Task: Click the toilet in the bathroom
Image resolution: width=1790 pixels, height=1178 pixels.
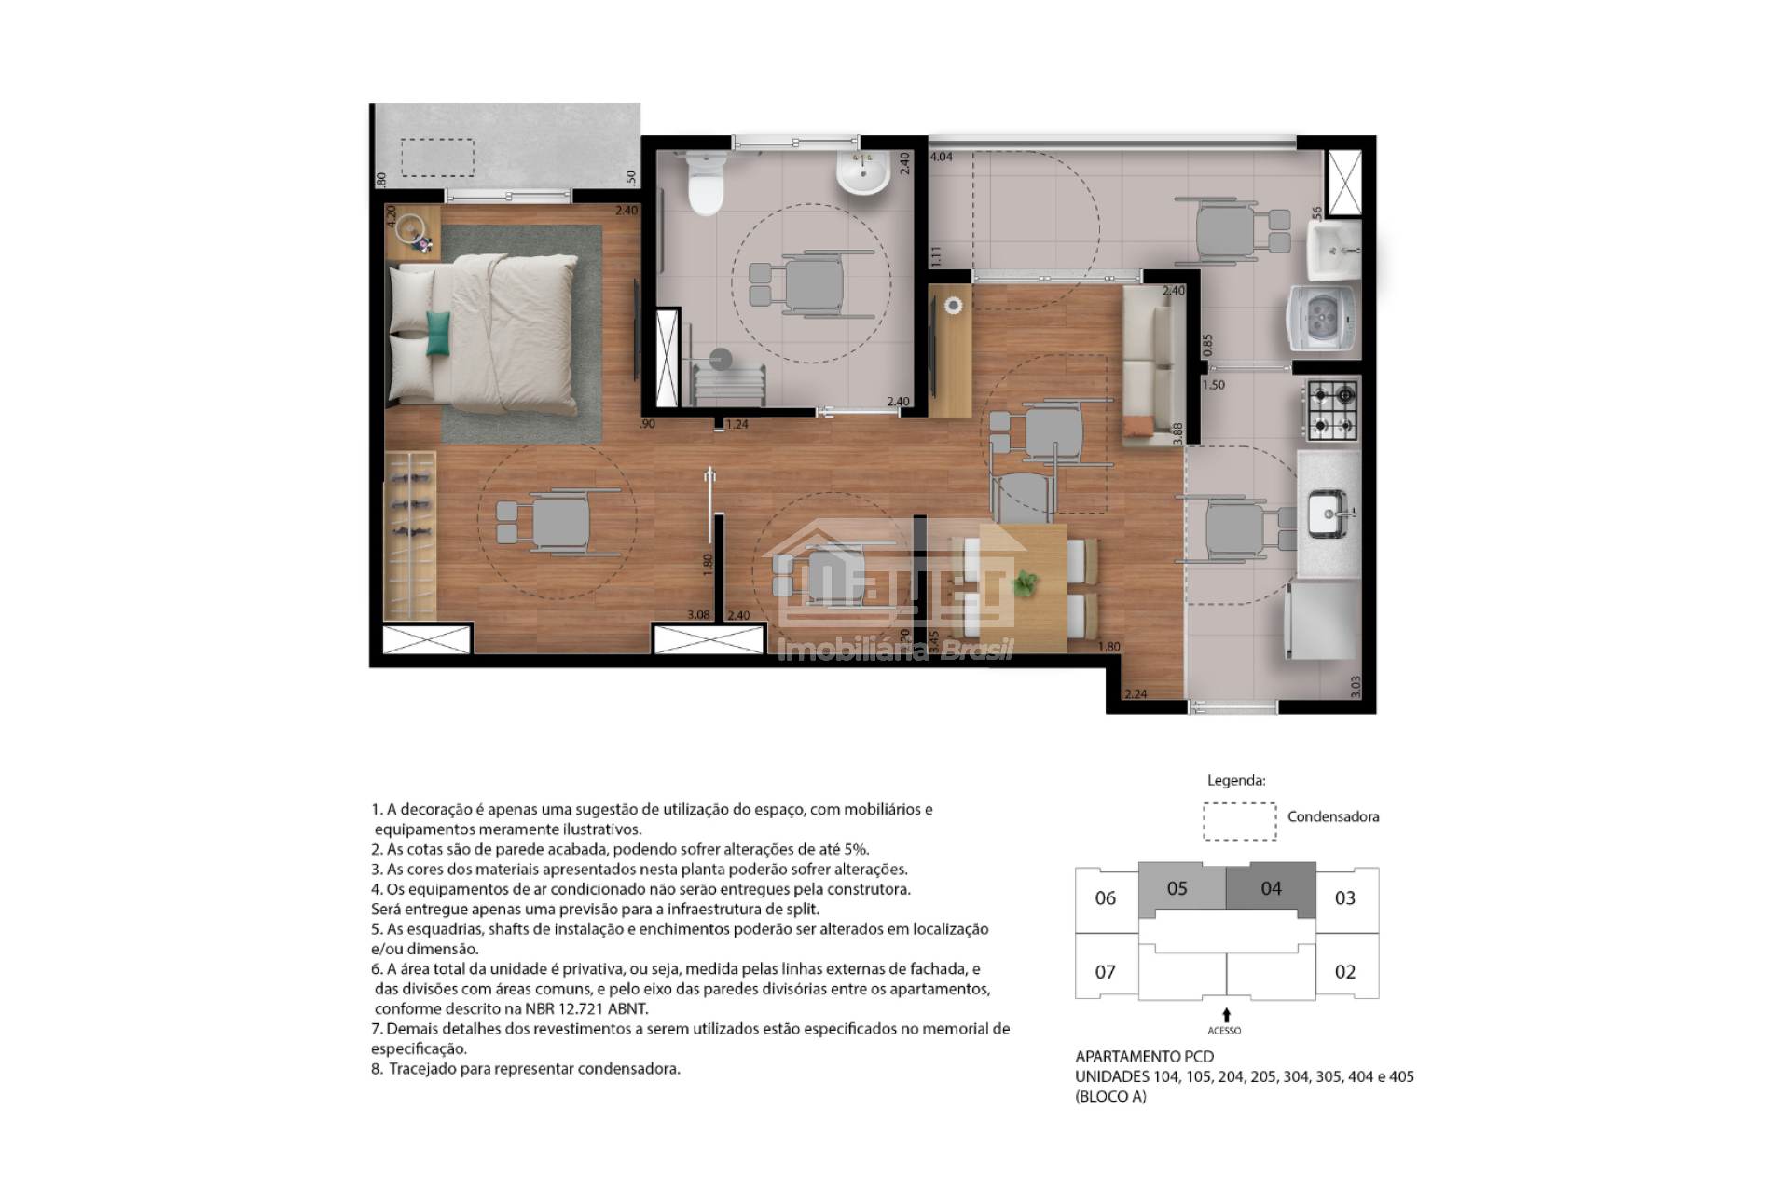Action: click(705, 183)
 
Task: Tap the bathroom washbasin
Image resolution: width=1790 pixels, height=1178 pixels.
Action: click(863, 174)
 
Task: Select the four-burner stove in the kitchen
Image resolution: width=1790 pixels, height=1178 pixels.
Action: click(1330, 411)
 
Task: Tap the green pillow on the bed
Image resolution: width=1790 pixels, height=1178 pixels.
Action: click(438, 334)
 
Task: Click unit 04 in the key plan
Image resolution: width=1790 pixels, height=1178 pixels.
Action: click(1271, 889)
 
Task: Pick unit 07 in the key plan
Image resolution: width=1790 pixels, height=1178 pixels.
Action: click(1105, 972)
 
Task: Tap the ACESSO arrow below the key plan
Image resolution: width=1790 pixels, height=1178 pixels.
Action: click(1226, 1016)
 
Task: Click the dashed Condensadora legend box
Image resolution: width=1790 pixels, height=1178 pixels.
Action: click(1239, 821)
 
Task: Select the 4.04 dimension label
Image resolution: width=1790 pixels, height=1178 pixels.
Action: click(942, 157)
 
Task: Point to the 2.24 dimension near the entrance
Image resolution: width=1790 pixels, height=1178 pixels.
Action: click(1136, 693)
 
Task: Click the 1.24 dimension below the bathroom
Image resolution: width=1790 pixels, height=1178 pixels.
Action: click(737, 425)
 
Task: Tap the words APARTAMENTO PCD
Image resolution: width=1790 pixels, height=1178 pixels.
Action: click(1145, 1056)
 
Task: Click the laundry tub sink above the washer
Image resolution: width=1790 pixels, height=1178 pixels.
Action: click(1333, 250)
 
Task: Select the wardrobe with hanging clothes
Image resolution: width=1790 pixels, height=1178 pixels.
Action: click(410, 535)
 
